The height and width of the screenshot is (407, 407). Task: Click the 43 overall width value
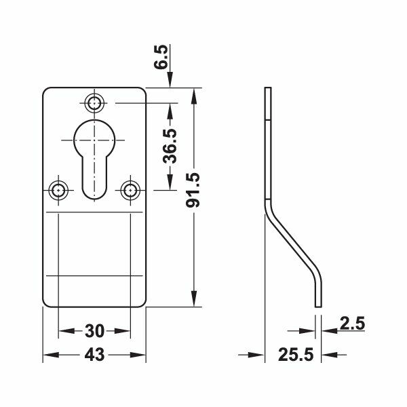pyautogui.click(x=94, y=355)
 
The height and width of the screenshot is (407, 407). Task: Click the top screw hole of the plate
pyautogui.click(x=94, y=103)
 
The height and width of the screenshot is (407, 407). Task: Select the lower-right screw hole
pyautogui.click(x=129, y=189)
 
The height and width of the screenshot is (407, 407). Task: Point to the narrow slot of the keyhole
pyautogui.click(x=94, y=176)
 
